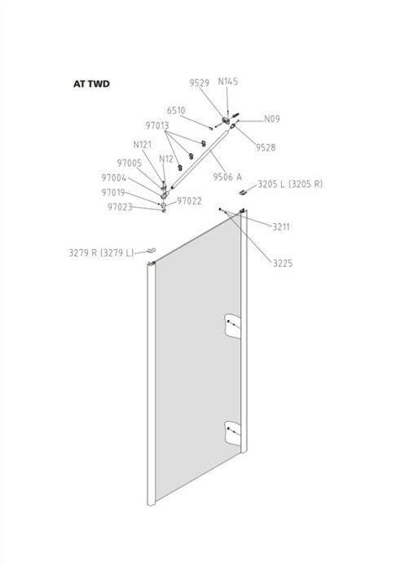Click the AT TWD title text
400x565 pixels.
click(91, 84)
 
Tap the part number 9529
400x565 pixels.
click(199, 83)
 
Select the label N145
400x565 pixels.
click(227, 81)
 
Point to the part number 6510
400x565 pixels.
click(176, 111)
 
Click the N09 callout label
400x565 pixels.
click(272, 119)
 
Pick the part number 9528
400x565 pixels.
click(266, 147)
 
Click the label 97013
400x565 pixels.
click(157, 125)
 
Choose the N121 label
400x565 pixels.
click(143, 144)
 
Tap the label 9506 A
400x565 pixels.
click(227, 177)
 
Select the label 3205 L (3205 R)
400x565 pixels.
click(290, 184)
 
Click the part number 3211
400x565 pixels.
click(281, 227)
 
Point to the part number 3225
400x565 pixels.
click(283, 264)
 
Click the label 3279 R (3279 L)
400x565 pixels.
click(101, 252)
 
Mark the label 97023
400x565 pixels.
click(120, 207)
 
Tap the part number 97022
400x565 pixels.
click(189, 201)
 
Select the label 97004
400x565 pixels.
click(114, 178)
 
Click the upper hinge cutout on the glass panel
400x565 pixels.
click(233, 326)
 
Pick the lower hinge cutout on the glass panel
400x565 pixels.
click(233, 433)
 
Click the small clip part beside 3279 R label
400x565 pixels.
click(151, 250)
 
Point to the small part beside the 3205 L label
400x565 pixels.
click(244, 191)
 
